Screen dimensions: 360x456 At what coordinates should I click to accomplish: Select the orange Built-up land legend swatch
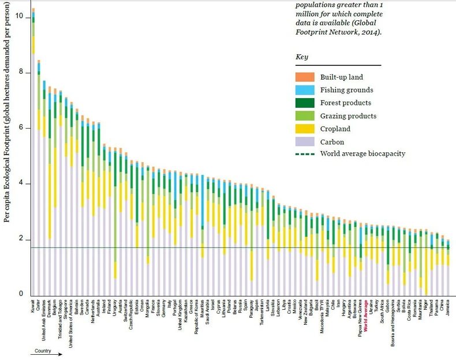[304, 77]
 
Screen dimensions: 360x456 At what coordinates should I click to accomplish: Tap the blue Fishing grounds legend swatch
[304, 90]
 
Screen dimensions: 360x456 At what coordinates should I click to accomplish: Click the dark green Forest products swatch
[304, 103]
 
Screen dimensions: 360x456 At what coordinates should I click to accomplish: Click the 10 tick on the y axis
[19, 16]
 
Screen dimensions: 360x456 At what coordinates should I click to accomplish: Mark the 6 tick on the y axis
[20, 127]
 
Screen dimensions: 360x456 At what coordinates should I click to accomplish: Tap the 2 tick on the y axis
[20, 239]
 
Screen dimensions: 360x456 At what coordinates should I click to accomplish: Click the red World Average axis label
[366, 312]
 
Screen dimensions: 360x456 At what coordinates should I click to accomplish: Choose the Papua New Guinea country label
[360, 315]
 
